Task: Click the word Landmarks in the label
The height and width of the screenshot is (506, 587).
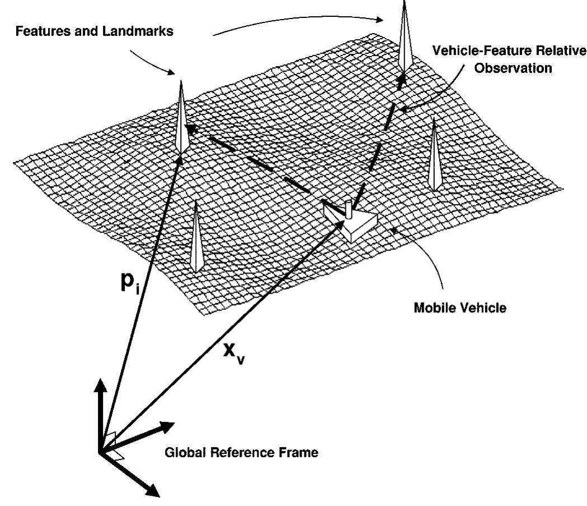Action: tap(138, 31)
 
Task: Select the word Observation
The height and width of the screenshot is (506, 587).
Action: tap(513, 68)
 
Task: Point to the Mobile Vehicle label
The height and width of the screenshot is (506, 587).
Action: tap(460, 308)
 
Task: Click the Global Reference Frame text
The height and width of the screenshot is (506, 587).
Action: tap(242, 452)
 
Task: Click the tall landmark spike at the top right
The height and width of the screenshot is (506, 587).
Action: tap(405, 37)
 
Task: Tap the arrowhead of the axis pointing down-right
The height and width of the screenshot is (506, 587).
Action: tap(153, 490)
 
